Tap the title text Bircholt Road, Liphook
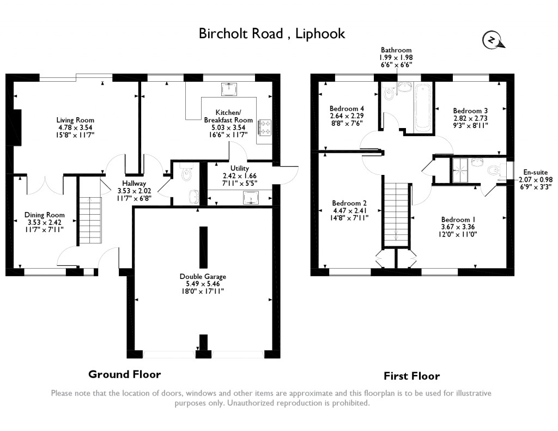(272, 33)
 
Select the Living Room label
(75, 120)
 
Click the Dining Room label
(45, 215)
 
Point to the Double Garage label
(203, 276)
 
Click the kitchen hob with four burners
(265, 128)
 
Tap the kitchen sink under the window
(229, 89)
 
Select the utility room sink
(252, 198)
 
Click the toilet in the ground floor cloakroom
(186, 172)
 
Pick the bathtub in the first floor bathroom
(423, 107)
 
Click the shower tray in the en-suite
(460, 169)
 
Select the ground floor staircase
(90, 220)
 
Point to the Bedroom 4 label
(347, 108)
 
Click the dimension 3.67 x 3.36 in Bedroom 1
(458, 227)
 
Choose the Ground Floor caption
(125, 374)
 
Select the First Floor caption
(411, 376)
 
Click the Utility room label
(240, 168)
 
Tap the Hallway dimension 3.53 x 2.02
(134, 191)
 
